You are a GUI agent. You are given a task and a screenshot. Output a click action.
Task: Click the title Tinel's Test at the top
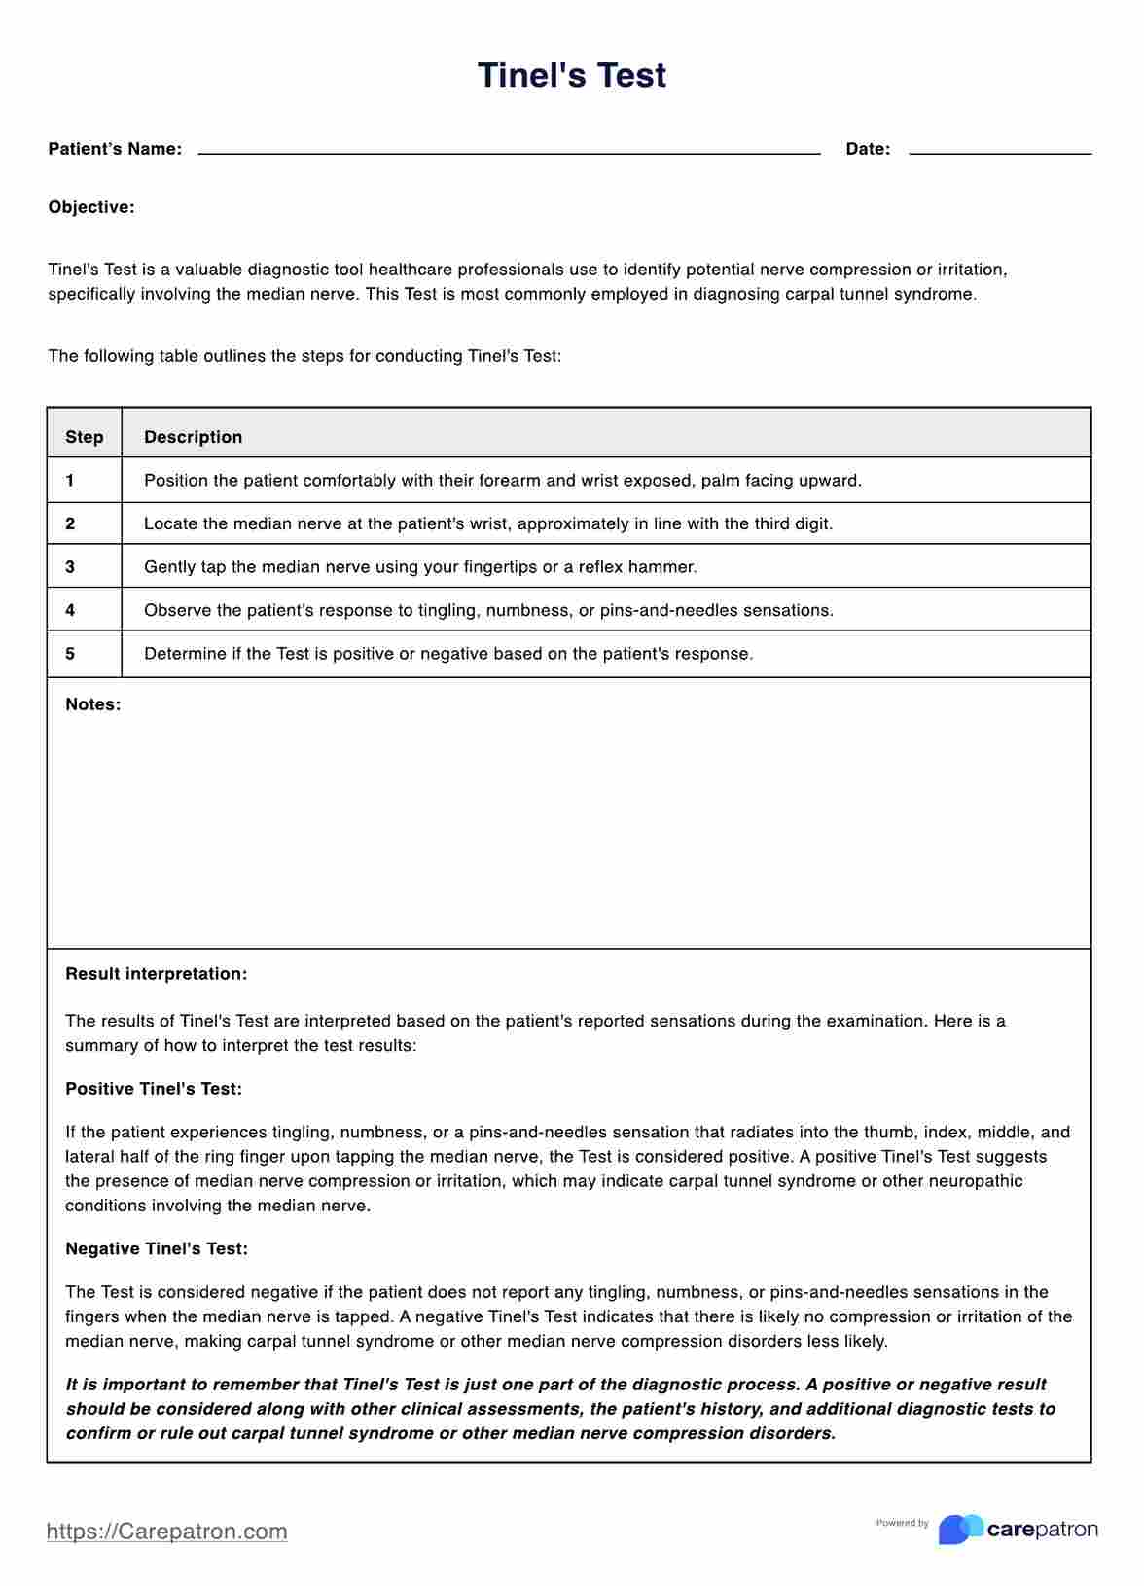[x=571, y=76]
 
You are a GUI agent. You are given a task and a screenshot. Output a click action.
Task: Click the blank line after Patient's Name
[x=509, y=151]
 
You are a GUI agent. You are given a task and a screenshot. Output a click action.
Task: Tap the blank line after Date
[x=999, y=151]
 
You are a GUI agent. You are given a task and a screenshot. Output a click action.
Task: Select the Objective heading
[x=91, y=207]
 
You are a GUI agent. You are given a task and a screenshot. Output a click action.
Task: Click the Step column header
[x=85, y=437]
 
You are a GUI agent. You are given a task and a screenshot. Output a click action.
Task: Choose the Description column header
[x=193, y=437]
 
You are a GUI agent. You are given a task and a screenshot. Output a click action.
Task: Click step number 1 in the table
[x=70, y=480]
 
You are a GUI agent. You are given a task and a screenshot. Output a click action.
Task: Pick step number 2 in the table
[x=70, y=523]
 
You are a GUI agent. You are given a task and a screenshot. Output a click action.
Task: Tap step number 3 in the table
[x=70, y=566]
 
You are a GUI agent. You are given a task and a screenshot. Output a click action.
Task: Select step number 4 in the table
[x=70, y=610]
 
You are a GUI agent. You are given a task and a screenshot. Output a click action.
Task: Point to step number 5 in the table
[x=70, y=654]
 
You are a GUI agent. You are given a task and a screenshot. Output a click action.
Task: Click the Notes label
[x=92, y=704]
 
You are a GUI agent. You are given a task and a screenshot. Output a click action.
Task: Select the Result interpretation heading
[x=156, y=974]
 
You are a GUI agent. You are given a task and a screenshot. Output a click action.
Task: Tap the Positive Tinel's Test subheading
[x=154, y=1089]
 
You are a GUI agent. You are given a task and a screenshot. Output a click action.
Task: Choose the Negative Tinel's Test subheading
[x=157, y=1248]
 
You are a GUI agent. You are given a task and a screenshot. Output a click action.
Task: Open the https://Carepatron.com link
[x=166, y=1532]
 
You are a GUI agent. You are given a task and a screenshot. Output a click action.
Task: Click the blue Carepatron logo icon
[x=959, y=1530]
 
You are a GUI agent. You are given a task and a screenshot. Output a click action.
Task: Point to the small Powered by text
[x=902, y=1523]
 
